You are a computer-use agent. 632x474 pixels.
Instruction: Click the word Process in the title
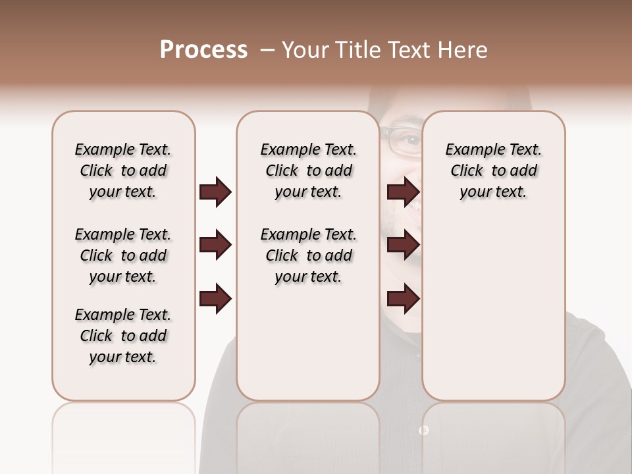click(x=203, y=50)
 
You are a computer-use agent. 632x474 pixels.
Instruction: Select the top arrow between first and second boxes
click(x=215, y=192)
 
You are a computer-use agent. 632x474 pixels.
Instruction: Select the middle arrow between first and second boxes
click(x=215, y=246)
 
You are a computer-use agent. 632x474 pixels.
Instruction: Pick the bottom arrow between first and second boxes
click(x=215, y=299)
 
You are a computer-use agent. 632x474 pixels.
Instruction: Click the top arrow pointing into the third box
click(x=403, y=192)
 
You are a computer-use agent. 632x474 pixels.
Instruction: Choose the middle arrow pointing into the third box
click(x=403, y=246)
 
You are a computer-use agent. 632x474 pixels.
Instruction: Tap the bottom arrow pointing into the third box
click(x=403, y=299)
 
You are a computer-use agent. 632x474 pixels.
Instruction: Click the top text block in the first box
click(x=123, y=171)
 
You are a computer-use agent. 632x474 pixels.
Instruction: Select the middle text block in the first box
click(x=123, y=255)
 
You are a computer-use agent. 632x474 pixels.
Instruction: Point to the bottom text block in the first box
click(x=123, y=336)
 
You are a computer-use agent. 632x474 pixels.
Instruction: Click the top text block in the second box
click(x=309, y=171)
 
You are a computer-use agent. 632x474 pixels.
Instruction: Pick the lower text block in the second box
click(x=309, y=255)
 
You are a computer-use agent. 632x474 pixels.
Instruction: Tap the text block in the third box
click(x=494, y=171)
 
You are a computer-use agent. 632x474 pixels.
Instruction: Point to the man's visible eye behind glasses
click(x=411, y=140)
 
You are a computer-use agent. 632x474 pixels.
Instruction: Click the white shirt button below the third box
click(x=423, y=430)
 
